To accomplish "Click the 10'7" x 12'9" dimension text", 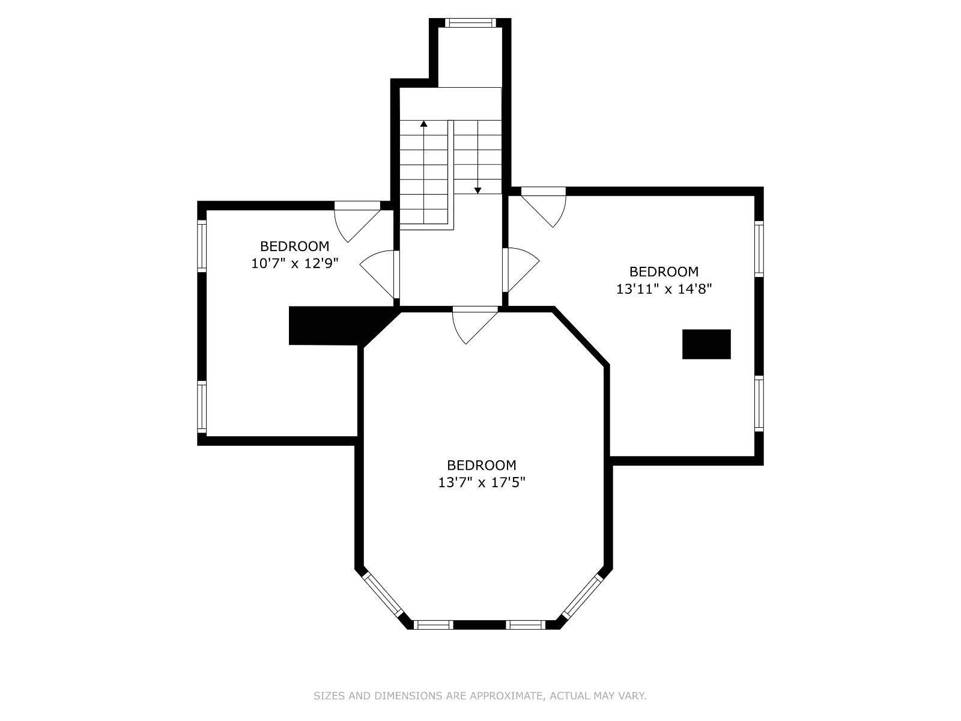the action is [x=295, y=264].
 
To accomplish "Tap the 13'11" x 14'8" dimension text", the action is [x=664, y=289].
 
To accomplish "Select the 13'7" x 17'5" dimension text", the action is [x=482, y=482].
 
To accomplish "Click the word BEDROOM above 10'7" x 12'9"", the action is [x=295, y=246].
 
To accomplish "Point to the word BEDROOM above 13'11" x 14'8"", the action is [x=664, y=272].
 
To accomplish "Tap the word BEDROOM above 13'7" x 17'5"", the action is [x=482, y=465].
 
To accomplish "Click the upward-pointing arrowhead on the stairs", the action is [x=423, y=124].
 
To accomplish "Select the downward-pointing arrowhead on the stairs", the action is [x=477, y=190].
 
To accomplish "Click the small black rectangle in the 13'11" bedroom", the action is [x=706, y=344].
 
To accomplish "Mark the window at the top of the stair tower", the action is [x=471, y=23].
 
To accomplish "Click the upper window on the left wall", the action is [x=201, y=246].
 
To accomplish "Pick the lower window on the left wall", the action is [x=201, y=407].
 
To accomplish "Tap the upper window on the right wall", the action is [x=759, y=249].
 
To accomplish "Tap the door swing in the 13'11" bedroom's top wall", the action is [x=544, y=207].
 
